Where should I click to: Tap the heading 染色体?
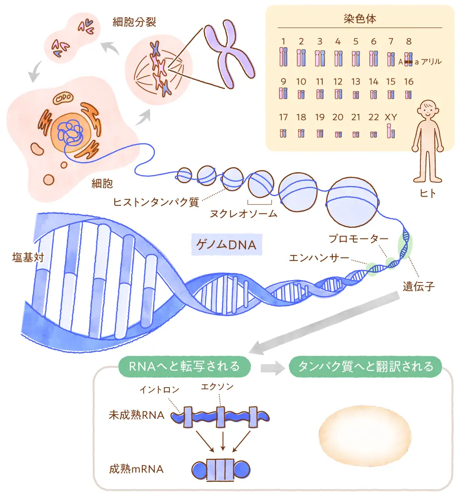pyautogui.click(x=360, y=19)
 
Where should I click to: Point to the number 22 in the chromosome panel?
pyautogui.click(x=374, y=117)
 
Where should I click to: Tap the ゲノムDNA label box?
pyautogui.click(x=226, y=246)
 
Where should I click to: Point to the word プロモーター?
pyautogui.click(x=358, y=239)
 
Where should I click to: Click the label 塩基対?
pyautogui.click(x=28, y=257)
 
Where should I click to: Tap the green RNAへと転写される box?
pyautogui.click(x=185, y=366)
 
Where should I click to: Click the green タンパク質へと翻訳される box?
pyautogui.click(x=365, y=366)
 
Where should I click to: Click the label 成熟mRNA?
pyautogui.click(x=136, y=470)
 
